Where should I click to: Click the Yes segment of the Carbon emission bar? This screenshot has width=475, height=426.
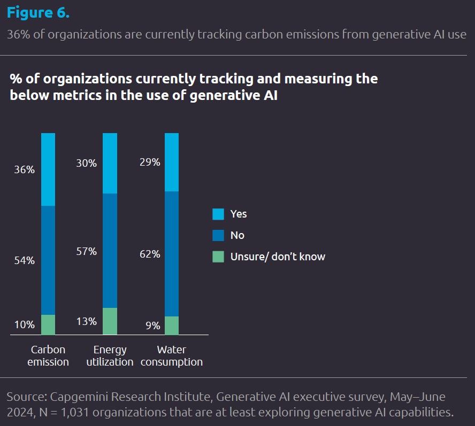click(x=48, y=169)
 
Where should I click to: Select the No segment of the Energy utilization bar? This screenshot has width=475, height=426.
click(x=110, y=251)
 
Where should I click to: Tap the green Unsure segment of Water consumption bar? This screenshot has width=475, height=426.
click(x=172, y=326)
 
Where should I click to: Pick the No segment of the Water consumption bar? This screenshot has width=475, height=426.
click(x=172, y=254)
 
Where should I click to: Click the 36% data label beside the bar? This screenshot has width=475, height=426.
click(x=25, y=169)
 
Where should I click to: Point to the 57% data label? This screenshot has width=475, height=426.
click(x=86, y=251)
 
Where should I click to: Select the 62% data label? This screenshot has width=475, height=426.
click(x=150, y=254)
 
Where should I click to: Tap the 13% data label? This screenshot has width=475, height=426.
click(x=86, y=321)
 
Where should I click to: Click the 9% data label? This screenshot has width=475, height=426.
click(x=153, y=326)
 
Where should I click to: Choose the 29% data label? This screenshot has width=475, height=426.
click(x=150, y=162)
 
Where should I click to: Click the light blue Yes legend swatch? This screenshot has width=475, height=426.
click(x=218, y=214)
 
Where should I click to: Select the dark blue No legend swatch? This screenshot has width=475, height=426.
click(x=218, y=235)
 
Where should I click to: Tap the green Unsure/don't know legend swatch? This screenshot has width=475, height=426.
click(x=218, y=257)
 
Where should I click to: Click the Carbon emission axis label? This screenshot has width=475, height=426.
click(x=48, y=356)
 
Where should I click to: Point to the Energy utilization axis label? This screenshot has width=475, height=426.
click(x=110, y=356)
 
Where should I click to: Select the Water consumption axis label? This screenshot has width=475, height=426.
click(x=172, y=356)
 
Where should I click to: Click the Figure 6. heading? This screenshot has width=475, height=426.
click(x=38, y=13)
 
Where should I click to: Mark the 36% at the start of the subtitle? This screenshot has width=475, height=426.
click(x=18, y=34)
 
